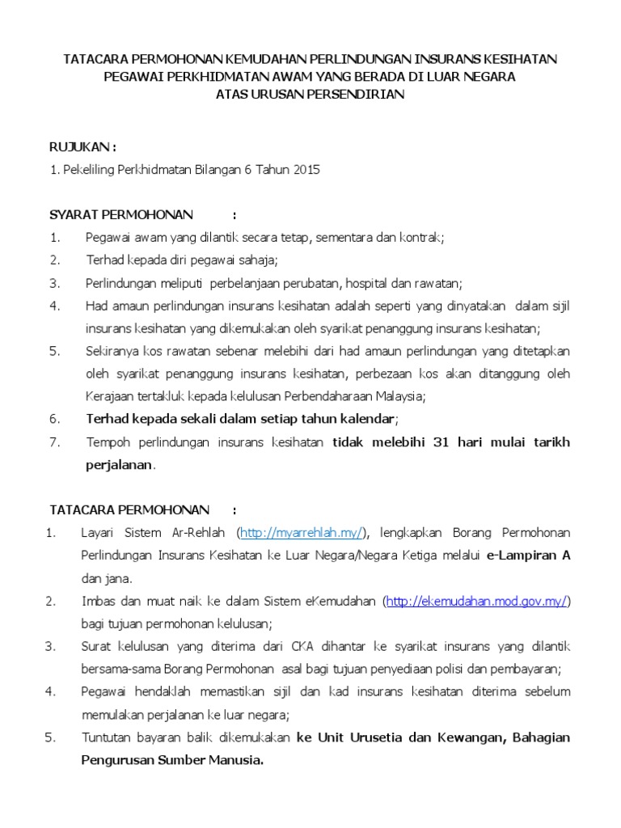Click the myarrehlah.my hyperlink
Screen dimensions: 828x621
(302, 533)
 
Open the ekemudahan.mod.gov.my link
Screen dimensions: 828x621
(478, 601)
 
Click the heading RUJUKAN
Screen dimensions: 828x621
(82, 147)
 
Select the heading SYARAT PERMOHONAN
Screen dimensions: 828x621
(121, 214)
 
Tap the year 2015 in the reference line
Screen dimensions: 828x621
(306, 170)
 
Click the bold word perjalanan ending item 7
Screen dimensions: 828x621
(119, 465)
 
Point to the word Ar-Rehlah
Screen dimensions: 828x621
(198, 533)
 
